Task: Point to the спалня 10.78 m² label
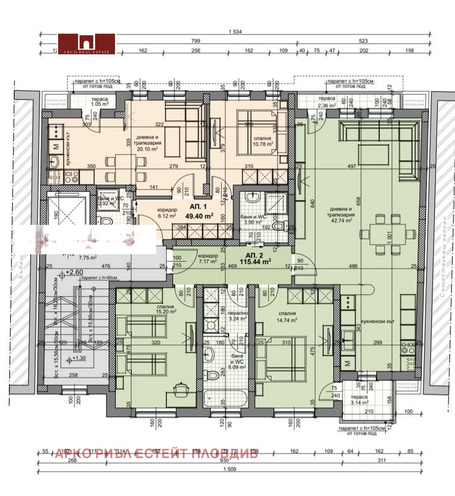[263, 141]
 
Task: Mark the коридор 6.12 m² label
[155, 212]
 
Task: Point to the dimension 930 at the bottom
[233, 461]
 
